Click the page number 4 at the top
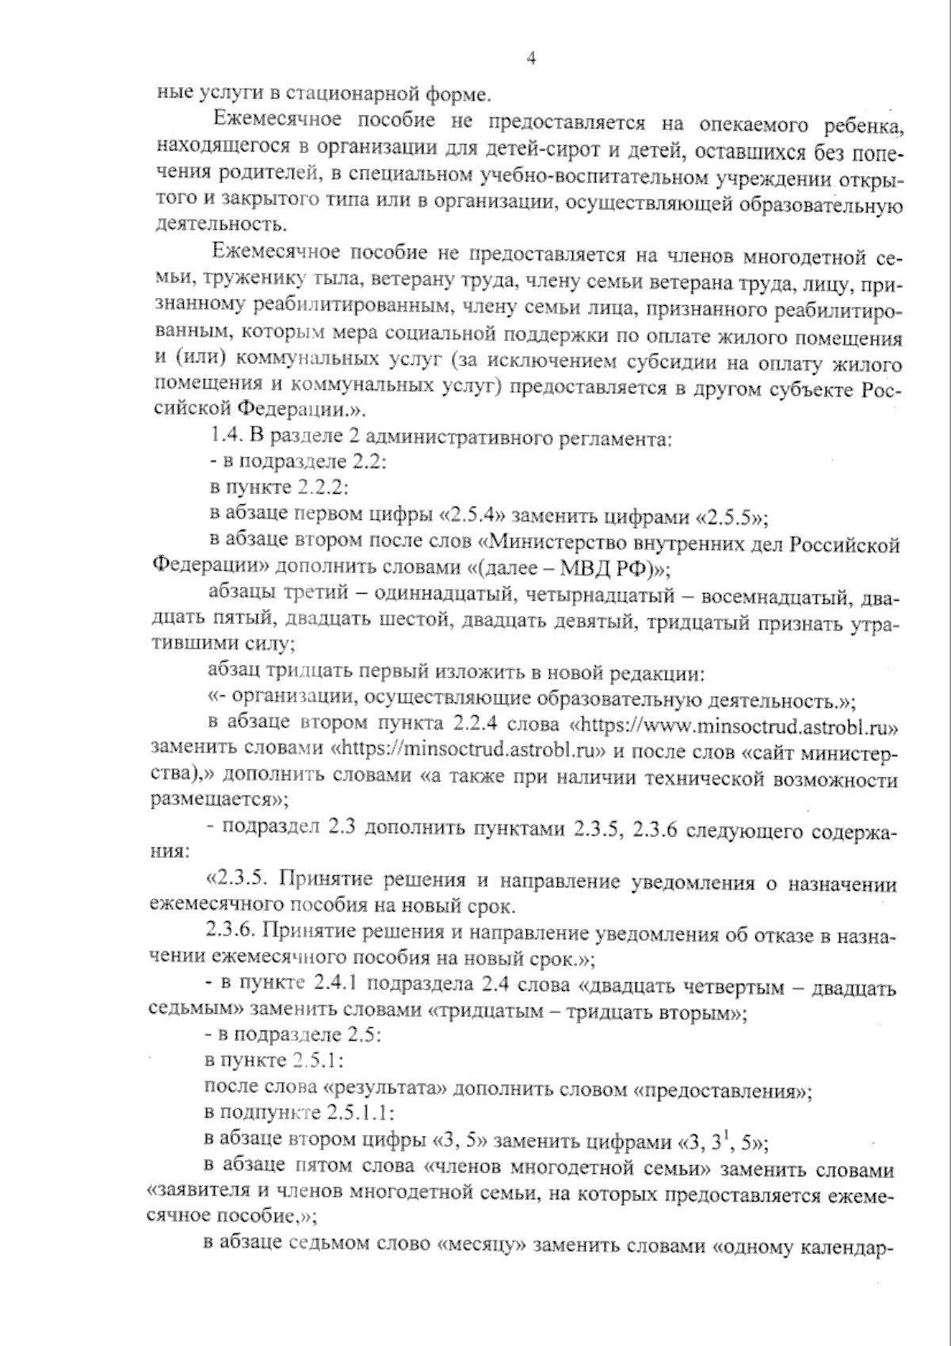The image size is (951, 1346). pos(532,58)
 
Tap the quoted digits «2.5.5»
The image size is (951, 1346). pos(731,518)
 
